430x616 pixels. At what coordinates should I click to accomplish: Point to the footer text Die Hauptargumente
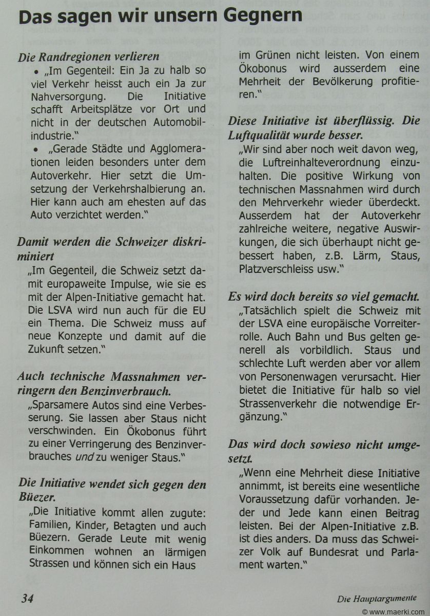[376, 598]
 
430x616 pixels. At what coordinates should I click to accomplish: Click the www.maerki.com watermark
[399, 611]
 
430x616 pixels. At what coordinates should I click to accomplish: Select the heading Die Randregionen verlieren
[89, 56]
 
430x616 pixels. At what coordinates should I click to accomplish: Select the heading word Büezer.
[37, 497]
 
